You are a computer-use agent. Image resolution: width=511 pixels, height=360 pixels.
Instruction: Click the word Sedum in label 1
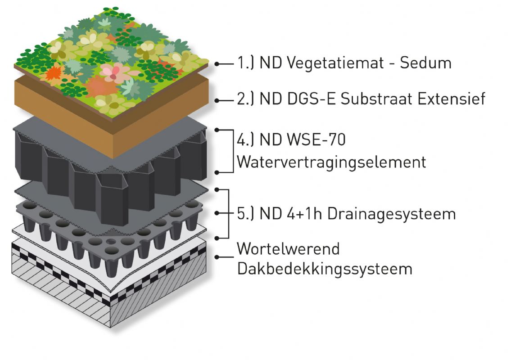coord(425,63)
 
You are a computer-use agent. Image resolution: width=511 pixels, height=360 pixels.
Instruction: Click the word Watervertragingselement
coord(331,162)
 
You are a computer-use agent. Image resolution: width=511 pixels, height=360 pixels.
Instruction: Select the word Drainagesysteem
coord(391,214)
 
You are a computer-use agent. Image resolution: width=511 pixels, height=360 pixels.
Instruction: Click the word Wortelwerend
coord(288,248)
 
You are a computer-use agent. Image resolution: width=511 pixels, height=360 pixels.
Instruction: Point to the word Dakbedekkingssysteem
coord(324,269)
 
